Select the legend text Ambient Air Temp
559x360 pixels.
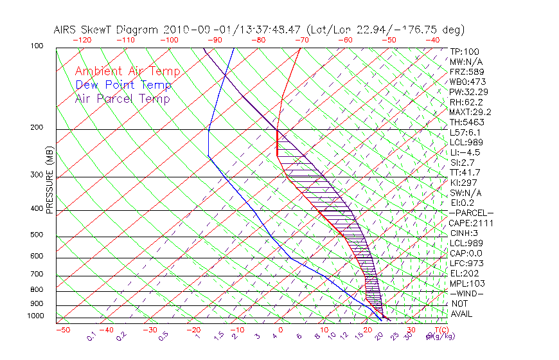127,72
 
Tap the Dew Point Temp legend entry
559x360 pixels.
123,85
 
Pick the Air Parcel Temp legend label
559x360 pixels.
123,99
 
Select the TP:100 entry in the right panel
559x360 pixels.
464,51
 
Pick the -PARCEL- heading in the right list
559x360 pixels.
471,213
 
